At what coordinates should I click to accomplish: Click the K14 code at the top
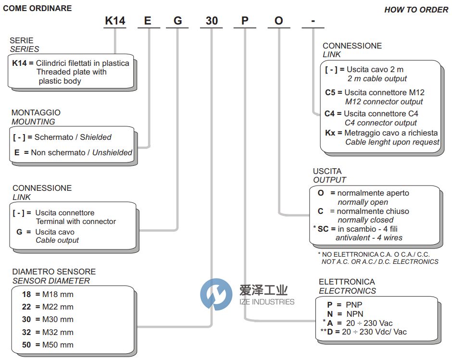(115, 21)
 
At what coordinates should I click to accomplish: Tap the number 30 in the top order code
(212, 21)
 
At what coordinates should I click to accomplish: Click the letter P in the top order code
(245, 21)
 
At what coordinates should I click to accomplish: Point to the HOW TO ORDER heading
(416, 10)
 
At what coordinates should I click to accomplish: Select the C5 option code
(330, 92)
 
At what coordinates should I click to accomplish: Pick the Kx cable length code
(330, 133)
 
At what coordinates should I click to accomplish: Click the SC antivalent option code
(323, 229)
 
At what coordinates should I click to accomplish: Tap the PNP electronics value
(354, 305)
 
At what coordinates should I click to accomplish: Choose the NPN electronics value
(354, 314)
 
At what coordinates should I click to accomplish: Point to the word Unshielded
(112, 152)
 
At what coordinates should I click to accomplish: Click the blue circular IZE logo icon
(216, 294)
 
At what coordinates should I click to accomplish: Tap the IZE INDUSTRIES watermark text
(266, 302)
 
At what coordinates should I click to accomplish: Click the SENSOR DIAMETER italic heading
(51, 281)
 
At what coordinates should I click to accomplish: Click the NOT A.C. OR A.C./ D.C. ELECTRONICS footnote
(380, 262)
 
